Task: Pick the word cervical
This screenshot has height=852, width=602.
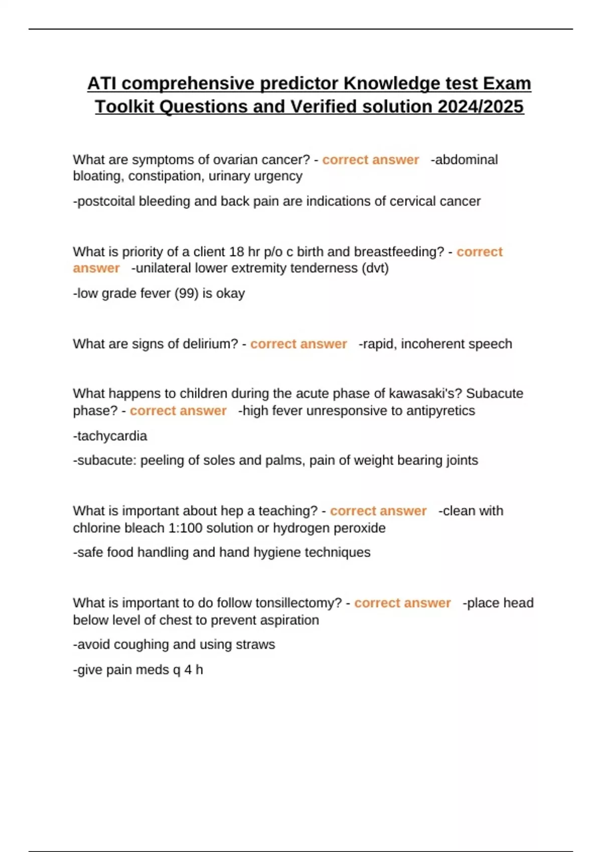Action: point(413,201)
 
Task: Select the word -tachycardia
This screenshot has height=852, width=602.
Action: point(110,436)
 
